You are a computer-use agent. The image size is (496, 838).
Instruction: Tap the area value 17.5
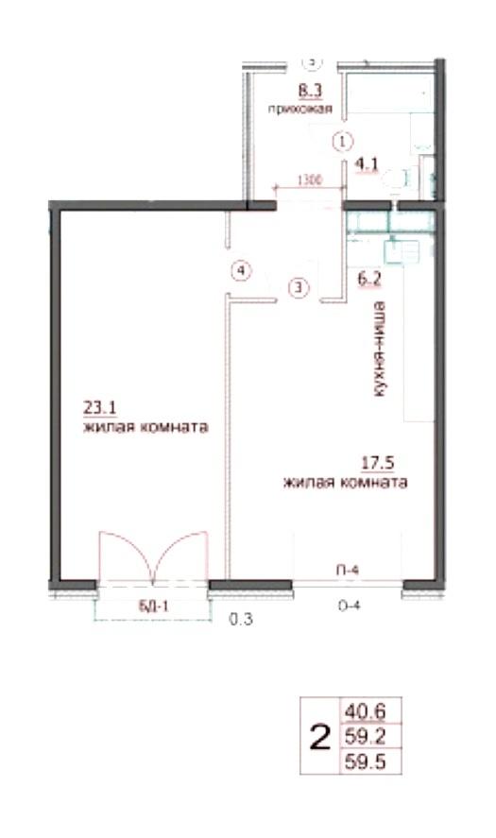click(x=375, y=464)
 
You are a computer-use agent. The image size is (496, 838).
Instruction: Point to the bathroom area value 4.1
click(x=366, y=162)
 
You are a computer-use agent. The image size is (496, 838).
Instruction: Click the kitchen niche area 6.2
click(x=369, y=279)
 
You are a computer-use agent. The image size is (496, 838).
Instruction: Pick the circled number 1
click(x=342, y=142)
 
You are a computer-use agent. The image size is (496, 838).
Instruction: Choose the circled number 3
click(x=299, y=287)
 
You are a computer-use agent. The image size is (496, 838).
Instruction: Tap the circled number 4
click(x=243, y=271)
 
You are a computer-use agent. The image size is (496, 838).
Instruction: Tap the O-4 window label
click(x=350, y=607)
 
